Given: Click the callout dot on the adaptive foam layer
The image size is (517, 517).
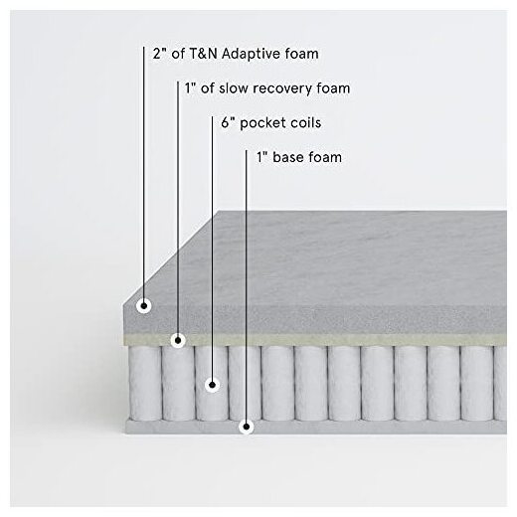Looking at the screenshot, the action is pyautogui.click(x=144, y=305).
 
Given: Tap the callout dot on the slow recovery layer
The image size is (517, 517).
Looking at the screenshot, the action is pyautogui.click(x=178, y=340).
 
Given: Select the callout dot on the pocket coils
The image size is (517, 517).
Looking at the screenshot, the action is pyautogui.click(x=213, y=385).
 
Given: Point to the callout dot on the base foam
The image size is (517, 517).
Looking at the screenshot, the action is pyautogui.click(x=247, y=427).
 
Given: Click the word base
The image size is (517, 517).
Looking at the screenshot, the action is pyautogui.click(x=286, y=157).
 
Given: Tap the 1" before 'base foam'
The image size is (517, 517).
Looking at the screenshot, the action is pyautogui.click(x=262, y=157).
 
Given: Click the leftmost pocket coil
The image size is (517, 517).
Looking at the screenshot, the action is pyautogui.click(x=144, y=383).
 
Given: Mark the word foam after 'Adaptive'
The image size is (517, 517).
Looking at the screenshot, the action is pyautogui.click(x=301, y=54).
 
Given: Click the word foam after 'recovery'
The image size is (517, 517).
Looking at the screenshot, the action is pyautogui.click(x=333, y=88).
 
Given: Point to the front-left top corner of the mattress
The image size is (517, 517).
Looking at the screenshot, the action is pyautogui.click(x=123, y=305).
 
